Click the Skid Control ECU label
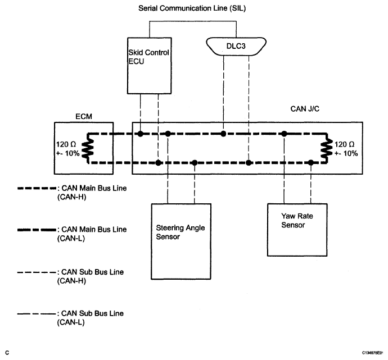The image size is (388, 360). click(x=148, y=57)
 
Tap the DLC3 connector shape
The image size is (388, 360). click(x=236, y=46)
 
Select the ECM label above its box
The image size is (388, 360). click(x=84, y=116)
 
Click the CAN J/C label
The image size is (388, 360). click(x=305, y=109)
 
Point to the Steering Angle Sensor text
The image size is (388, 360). click(x=181, y=232)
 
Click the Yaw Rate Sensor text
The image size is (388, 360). click(x=297, y=220)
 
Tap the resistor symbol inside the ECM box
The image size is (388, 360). click(x=88, y=148)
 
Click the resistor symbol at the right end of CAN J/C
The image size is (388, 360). click(x=327, y=148)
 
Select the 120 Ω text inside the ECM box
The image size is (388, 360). click(x=66, y=144)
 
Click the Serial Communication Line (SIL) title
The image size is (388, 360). click(x=192, y=8)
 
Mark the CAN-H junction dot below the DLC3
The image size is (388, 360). click(x=223, y=134)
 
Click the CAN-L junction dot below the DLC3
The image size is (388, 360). click(x=249, y=162)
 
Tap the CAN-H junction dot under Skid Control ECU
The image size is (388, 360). click(x=141, y=134)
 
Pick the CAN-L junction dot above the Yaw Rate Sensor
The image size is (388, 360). click(x=311, y=162)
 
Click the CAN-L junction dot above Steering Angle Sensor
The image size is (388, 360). click(x=195, y=162)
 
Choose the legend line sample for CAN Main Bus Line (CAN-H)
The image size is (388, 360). click(x=37, y=188)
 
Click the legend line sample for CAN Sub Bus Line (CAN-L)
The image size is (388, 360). click(x=37, y=314)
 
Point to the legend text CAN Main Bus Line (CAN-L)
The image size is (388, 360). click(x=92, y=234)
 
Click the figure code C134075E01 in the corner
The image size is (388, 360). click(x=373, y=353)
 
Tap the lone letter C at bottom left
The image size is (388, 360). click(x=7, y=353)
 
